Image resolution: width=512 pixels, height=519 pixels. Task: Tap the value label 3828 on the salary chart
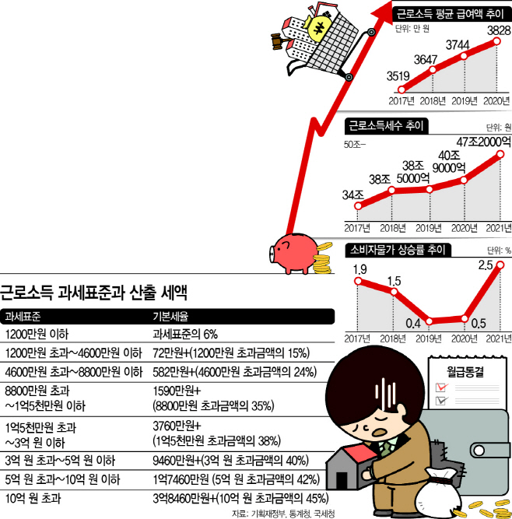tap(499, 30)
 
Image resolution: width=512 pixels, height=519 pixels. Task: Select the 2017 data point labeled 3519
tap(402, 89)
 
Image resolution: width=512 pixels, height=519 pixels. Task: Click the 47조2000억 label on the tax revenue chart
tap(484, 142)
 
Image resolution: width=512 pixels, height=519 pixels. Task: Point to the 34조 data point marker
tap(358, 206)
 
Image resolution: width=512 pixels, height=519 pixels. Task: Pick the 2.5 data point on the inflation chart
tap(500, 265)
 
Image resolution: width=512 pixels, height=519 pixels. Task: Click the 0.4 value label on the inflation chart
tap(413, 324)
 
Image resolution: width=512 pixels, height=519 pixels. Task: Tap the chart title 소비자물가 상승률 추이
tap(398, 250)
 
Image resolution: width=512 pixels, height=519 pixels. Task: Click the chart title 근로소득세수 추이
tap(386, 126)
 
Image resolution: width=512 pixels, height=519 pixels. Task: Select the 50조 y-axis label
tap(353, 145)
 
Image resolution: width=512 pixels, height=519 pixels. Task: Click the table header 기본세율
tap(170, 317)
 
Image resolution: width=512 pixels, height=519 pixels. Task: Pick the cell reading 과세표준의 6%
tap(185, 335)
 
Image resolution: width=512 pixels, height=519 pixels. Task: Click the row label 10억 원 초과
tap(33, 498)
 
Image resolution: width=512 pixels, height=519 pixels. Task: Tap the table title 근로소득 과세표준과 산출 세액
tap(93, 292)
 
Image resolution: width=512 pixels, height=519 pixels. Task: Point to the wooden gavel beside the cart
tap(280, 41)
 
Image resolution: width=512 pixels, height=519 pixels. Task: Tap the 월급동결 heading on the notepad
tap(465, 372)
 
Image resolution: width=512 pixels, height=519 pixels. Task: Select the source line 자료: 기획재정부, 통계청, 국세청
tap(283, 514)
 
